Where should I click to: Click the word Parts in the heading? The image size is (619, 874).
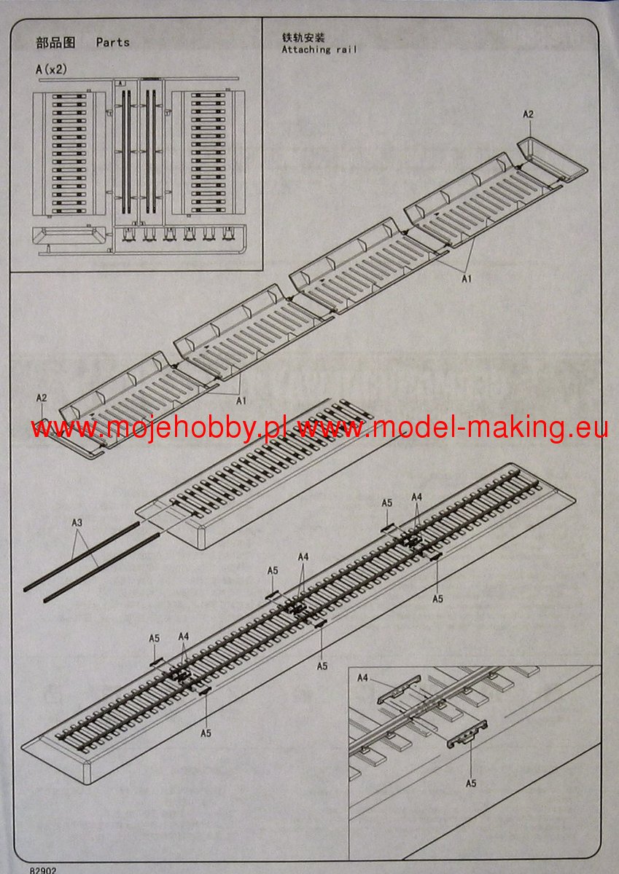click(x=112, y=42)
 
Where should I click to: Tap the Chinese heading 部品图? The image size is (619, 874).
click(x=55, y=42)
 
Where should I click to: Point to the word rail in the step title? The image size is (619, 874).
click(x=347, y=50)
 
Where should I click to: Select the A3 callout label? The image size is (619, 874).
click(x=77, y=523)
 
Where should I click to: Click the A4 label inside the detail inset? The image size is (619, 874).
click(x=363, y=678)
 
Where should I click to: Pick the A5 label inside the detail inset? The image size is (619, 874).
click(x=470, y=783)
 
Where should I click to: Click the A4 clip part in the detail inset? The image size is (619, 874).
click(x=400, y=690)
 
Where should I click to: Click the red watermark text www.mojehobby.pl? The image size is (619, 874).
click(x=160, y=429)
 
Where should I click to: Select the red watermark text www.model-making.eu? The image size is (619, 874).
click(x=453, y=429)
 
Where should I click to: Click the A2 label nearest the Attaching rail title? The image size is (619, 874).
click(x=529, y=114)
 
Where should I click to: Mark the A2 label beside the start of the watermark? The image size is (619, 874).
click(x=42, y=398)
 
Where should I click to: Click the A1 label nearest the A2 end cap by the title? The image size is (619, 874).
click(x=466, y=277)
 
